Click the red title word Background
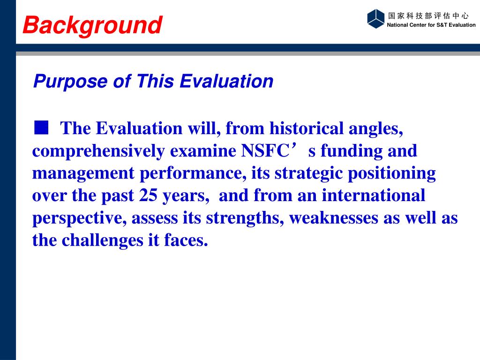(92, 25)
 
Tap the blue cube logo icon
(375, 19)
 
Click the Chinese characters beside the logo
(428, 15)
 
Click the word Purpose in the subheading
(70, 82)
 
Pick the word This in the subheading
(155, 81)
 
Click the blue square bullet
(41, 127)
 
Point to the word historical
(306, 128)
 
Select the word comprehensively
(98, 151)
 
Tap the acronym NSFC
(265, 150)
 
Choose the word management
(83, 174)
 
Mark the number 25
(148, 195)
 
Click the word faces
(186, 240)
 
